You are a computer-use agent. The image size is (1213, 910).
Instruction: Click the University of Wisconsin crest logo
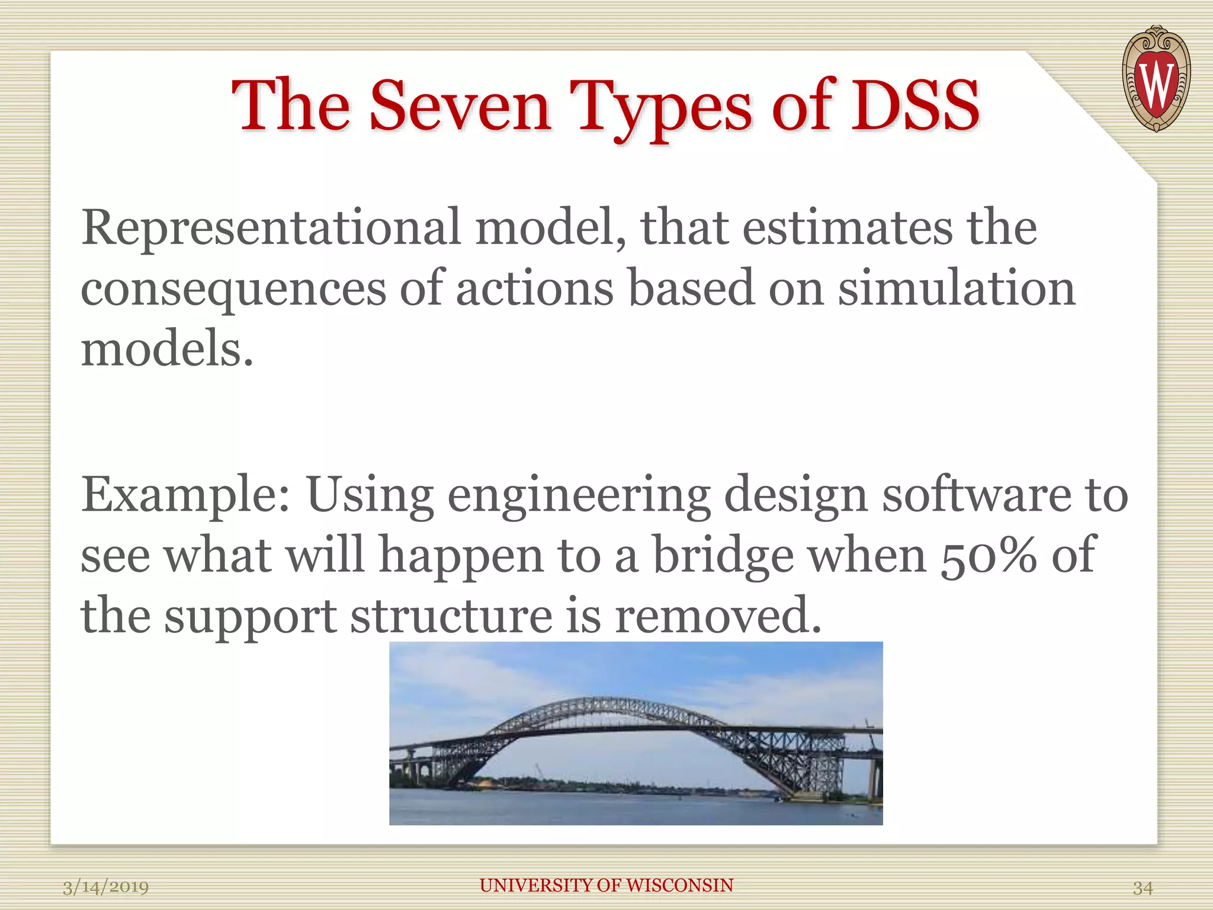pos(1156,79)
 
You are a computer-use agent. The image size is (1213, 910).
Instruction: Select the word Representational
pos(271,227)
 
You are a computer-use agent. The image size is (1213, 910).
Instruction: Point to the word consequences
pos(233,289)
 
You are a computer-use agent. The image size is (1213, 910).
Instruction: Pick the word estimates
pos(848,227)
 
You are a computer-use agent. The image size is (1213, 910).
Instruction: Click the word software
pos(977,494)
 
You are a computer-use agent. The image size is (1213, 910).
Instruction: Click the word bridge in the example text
pos(723,556)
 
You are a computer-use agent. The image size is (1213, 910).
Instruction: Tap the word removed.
pos(718,615)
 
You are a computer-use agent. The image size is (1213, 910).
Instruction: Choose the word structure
pos(451,615)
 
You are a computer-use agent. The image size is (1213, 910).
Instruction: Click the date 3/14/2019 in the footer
pos(105,887)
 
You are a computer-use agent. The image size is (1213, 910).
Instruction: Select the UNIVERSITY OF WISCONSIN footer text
pos(606,885)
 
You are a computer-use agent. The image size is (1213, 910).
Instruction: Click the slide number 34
pos(1143,887)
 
